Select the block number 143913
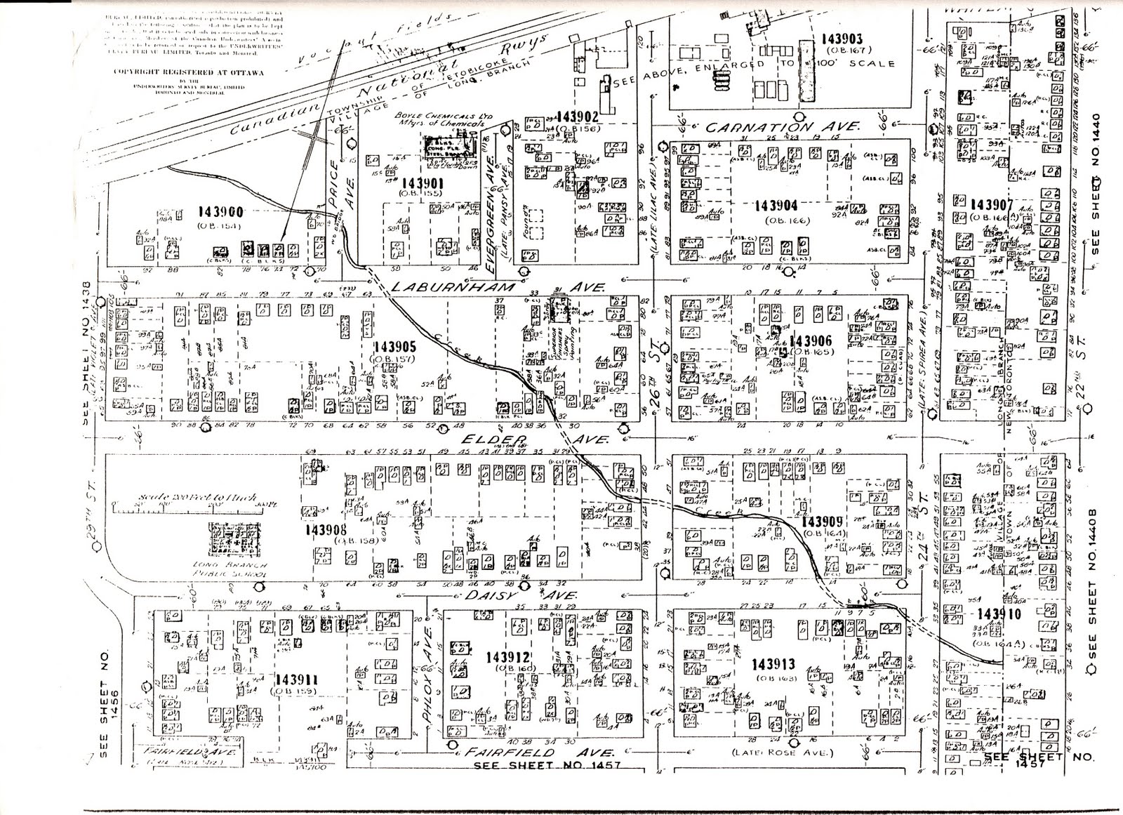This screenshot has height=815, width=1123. (776, 664)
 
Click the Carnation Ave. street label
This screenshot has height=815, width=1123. (782, 127)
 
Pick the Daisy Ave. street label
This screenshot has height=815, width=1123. (520, 595)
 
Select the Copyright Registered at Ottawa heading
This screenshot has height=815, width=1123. (183, 72)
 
